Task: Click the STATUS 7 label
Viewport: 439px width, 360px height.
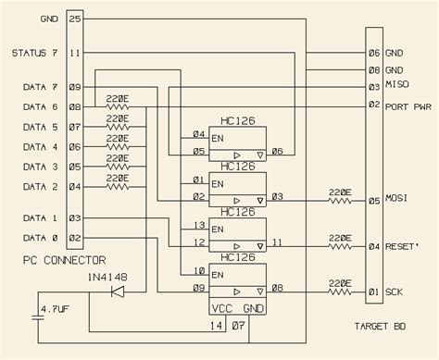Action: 34,53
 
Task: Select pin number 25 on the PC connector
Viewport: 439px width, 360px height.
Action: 75,19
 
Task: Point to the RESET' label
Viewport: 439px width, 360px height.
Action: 404,246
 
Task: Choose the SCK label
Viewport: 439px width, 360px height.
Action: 395,293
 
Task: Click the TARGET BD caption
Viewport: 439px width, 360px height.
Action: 381,327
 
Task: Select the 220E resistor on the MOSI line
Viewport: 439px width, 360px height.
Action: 340,197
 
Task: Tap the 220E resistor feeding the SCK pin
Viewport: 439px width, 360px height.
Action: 340,290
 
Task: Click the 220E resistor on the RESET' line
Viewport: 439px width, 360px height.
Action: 340,244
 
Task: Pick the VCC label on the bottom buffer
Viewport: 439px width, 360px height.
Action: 221,308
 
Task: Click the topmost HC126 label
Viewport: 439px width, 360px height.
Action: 237,120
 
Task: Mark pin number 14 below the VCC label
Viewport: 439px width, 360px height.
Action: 215,326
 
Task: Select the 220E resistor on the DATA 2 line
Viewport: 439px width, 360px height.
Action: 118,186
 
